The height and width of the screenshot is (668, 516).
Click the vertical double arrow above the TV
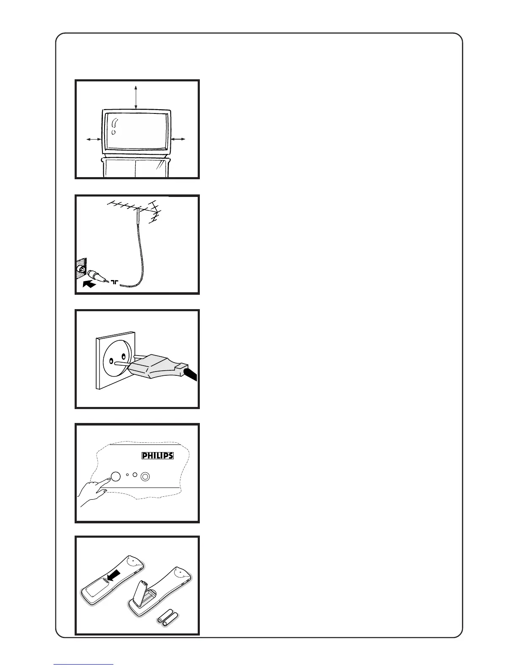(x=136, y=97)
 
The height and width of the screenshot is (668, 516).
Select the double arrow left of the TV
(x=94, y=139)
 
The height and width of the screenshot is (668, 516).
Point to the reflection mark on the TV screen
(x=114, y=126)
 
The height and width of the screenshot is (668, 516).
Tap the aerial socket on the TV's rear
(x=82, y=270)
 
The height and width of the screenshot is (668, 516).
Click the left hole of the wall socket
(x=111, y=361)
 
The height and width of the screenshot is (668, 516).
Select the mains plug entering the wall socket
(x=156, y=366)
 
